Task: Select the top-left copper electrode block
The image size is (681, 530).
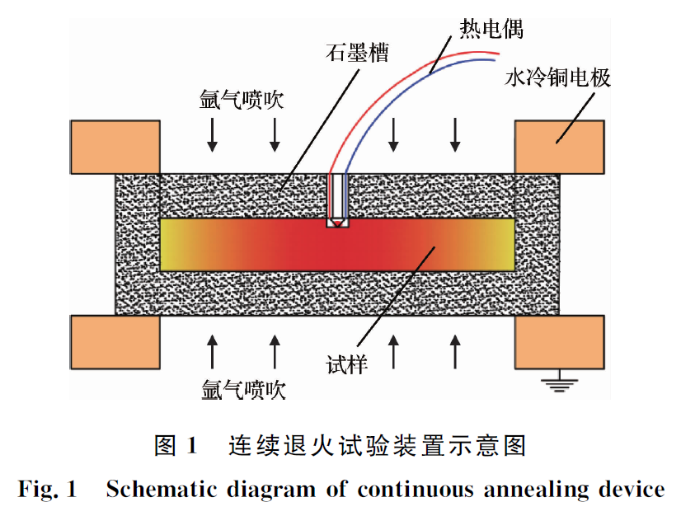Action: pos(115,147)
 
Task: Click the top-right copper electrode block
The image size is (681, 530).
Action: pos(559,147)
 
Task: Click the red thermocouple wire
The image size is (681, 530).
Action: pos(387,82)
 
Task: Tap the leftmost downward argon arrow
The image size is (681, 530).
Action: pos(213,134)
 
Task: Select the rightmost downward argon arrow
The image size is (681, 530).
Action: pos(454,134)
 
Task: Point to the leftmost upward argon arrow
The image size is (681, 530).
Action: pos(213,351)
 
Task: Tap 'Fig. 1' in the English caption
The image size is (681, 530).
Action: pos(47,490)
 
